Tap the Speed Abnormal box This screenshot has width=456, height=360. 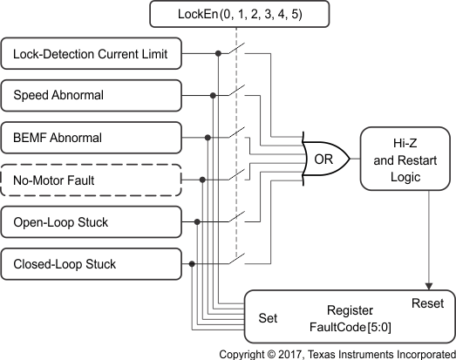(x=94, y=96)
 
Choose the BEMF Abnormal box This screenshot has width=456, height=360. (x=94, y=138)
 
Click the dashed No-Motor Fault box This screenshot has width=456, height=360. (x=94, y=180)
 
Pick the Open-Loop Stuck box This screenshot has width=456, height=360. (x=94, y=222)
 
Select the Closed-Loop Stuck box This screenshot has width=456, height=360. (x=94, y=263)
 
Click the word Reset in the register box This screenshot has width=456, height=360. (x=427, y=303)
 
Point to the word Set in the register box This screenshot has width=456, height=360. (x=269, y=318)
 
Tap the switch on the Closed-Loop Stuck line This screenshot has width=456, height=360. (x=237, y=260)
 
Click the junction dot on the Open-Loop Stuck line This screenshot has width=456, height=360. (x=198, y=222)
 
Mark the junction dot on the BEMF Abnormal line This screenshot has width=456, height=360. (x=208, y=138)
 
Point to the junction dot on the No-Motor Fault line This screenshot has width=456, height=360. (x=203, y=180)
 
